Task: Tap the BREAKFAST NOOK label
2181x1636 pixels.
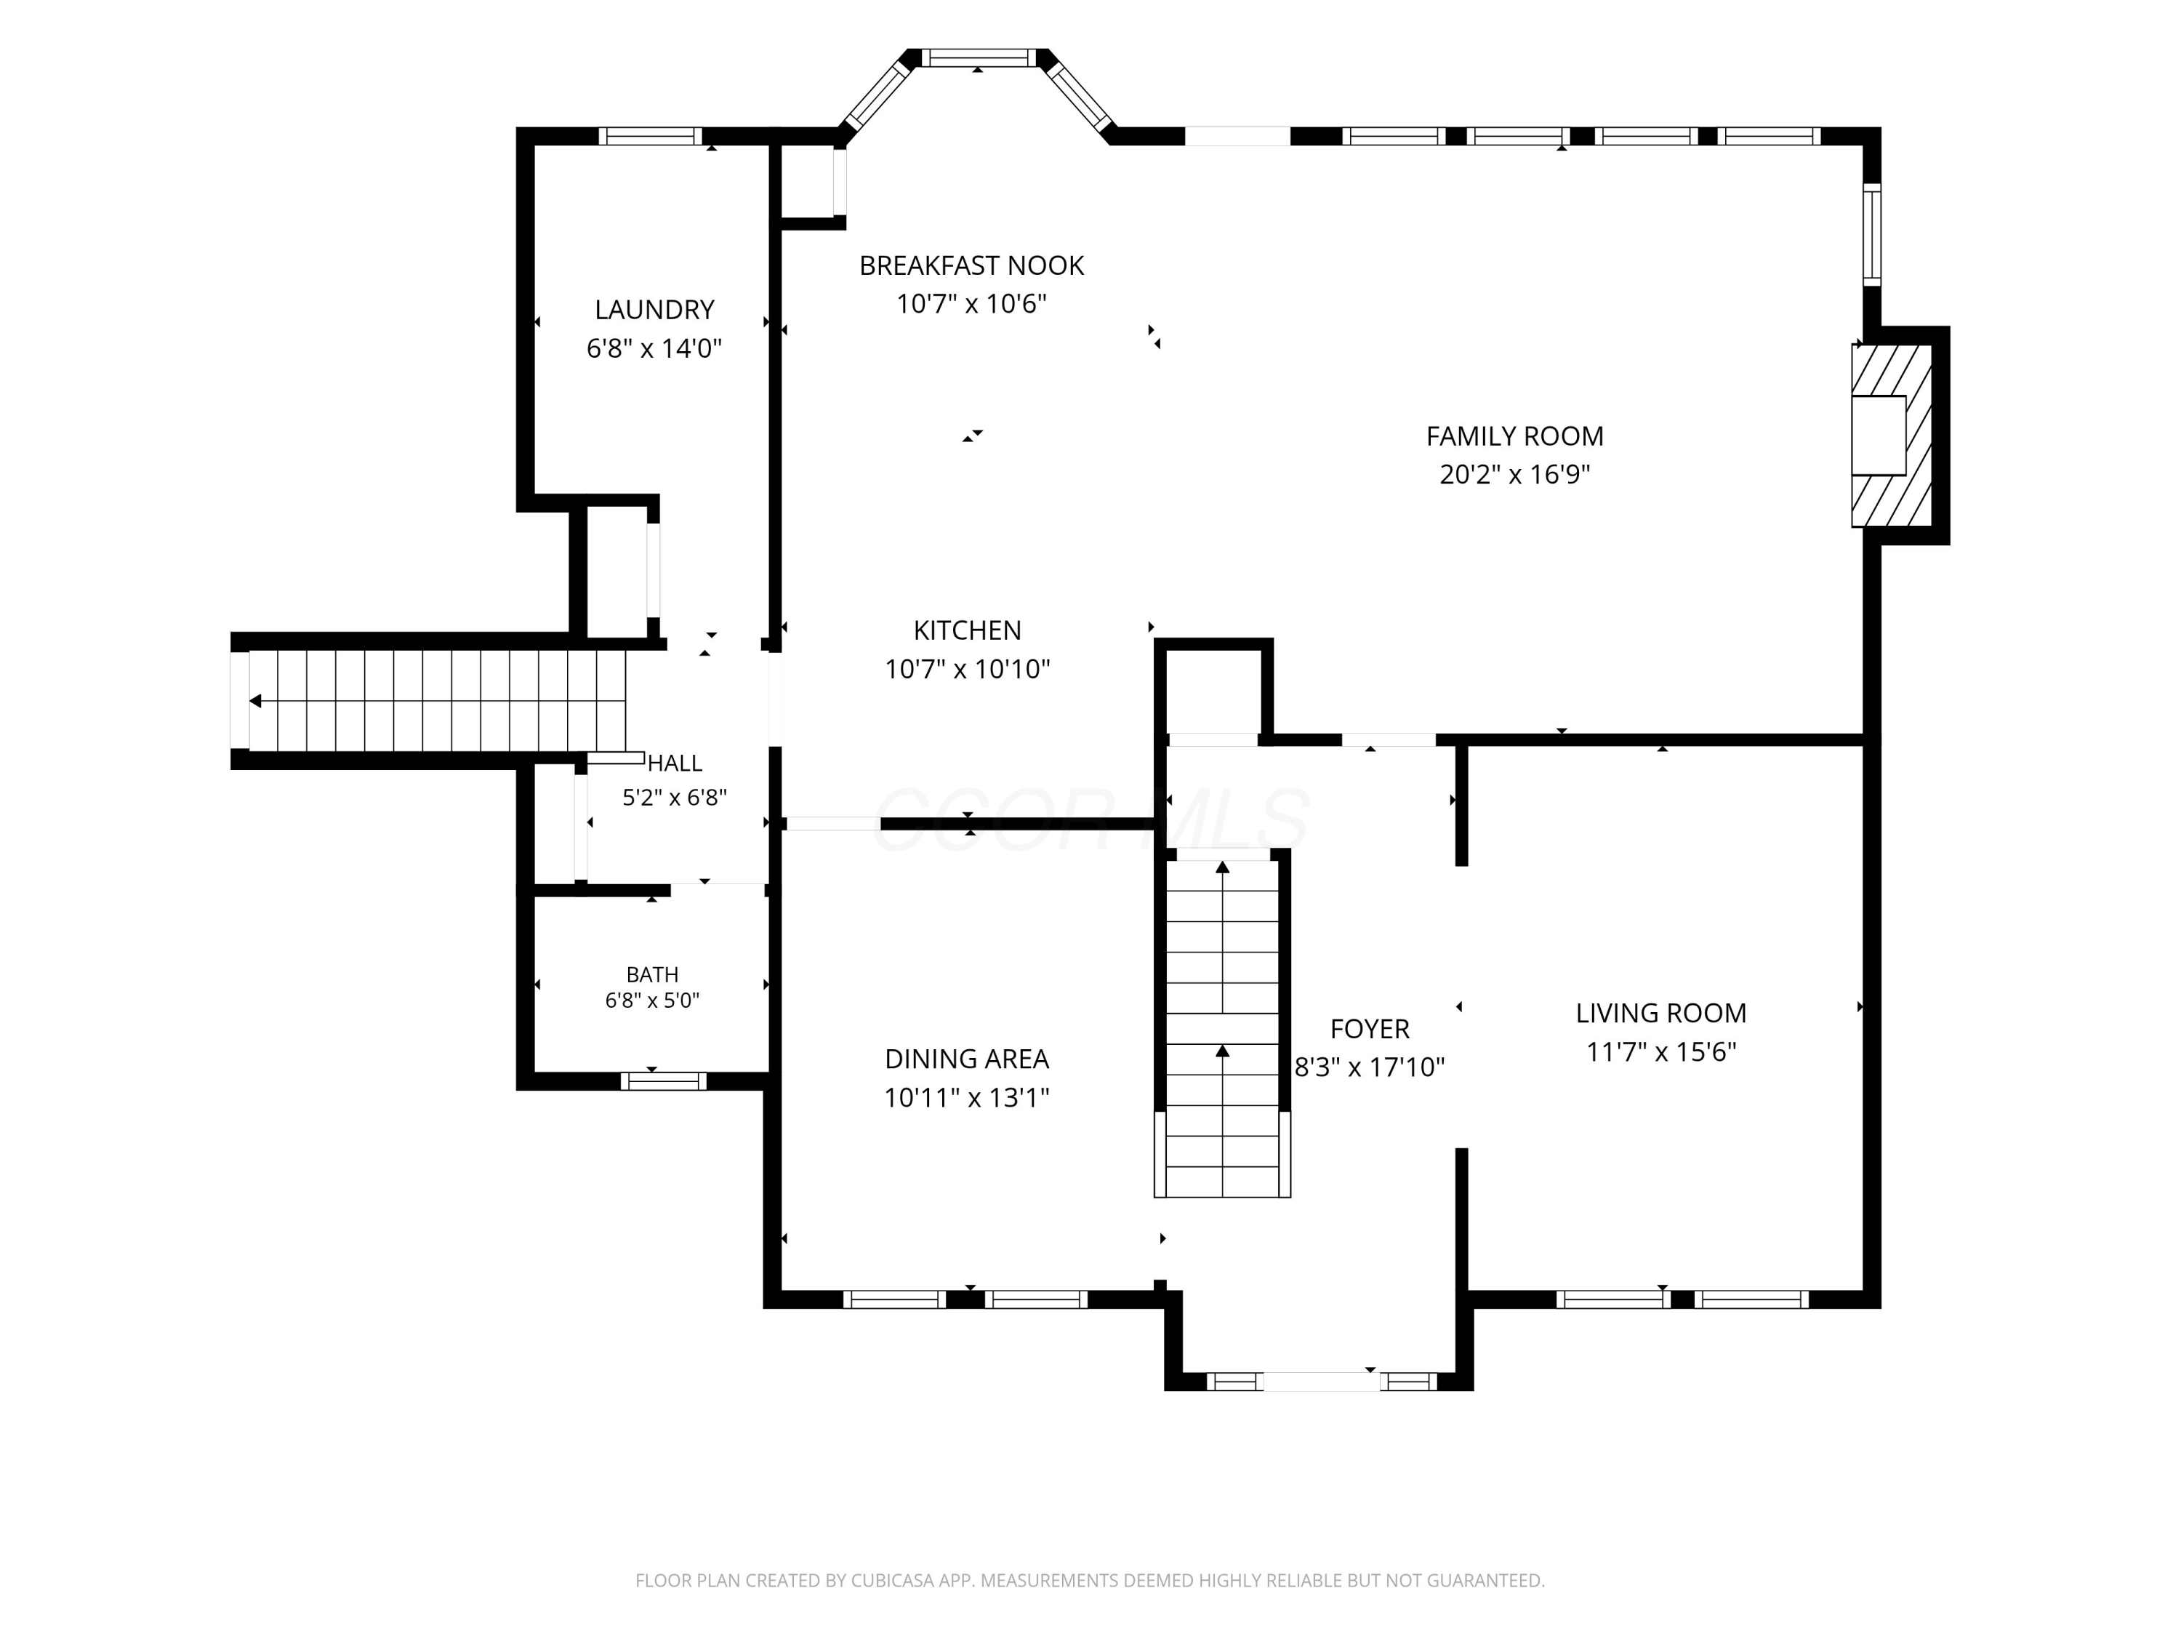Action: [971, 265]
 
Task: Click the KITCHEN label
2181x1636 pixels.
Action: [967, 630]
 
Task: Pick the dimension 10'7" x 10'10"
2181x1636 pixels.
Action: [967, 669]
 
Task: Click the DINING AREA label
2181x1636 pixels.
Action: [966, 1059]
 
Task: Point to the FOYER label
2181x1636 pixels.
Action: [1370, 1029]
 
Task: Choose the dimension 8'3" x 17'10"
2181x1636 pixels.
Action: [1370, 1067]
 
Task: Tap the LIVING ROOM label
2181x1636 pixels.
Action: [1660, 1013]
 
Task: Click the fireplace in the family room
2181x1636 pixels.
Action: [1891, 435]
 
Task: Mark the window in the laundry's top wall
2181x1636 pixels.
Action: [650, 136]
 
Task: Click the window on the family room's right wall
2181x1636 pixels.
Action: [1871, 235]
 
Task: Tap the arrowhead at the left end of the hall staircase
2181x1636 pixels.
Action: [255, 701]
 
